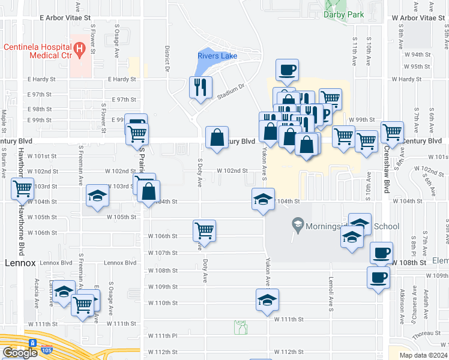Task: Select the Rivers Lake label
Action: point(217,56)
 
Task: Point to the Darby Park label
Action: point(341,14)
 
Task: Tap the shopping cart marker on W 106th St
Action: point(205,230)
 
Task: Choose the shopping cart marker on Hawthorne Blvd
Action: point(23,188)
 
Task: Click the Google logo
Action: point(20,353)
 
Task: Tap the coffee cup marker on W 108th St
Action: point(381,253)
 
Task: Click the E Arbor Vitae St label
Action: point(64,18)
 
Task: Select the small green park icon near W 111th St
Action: point(240,327)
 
